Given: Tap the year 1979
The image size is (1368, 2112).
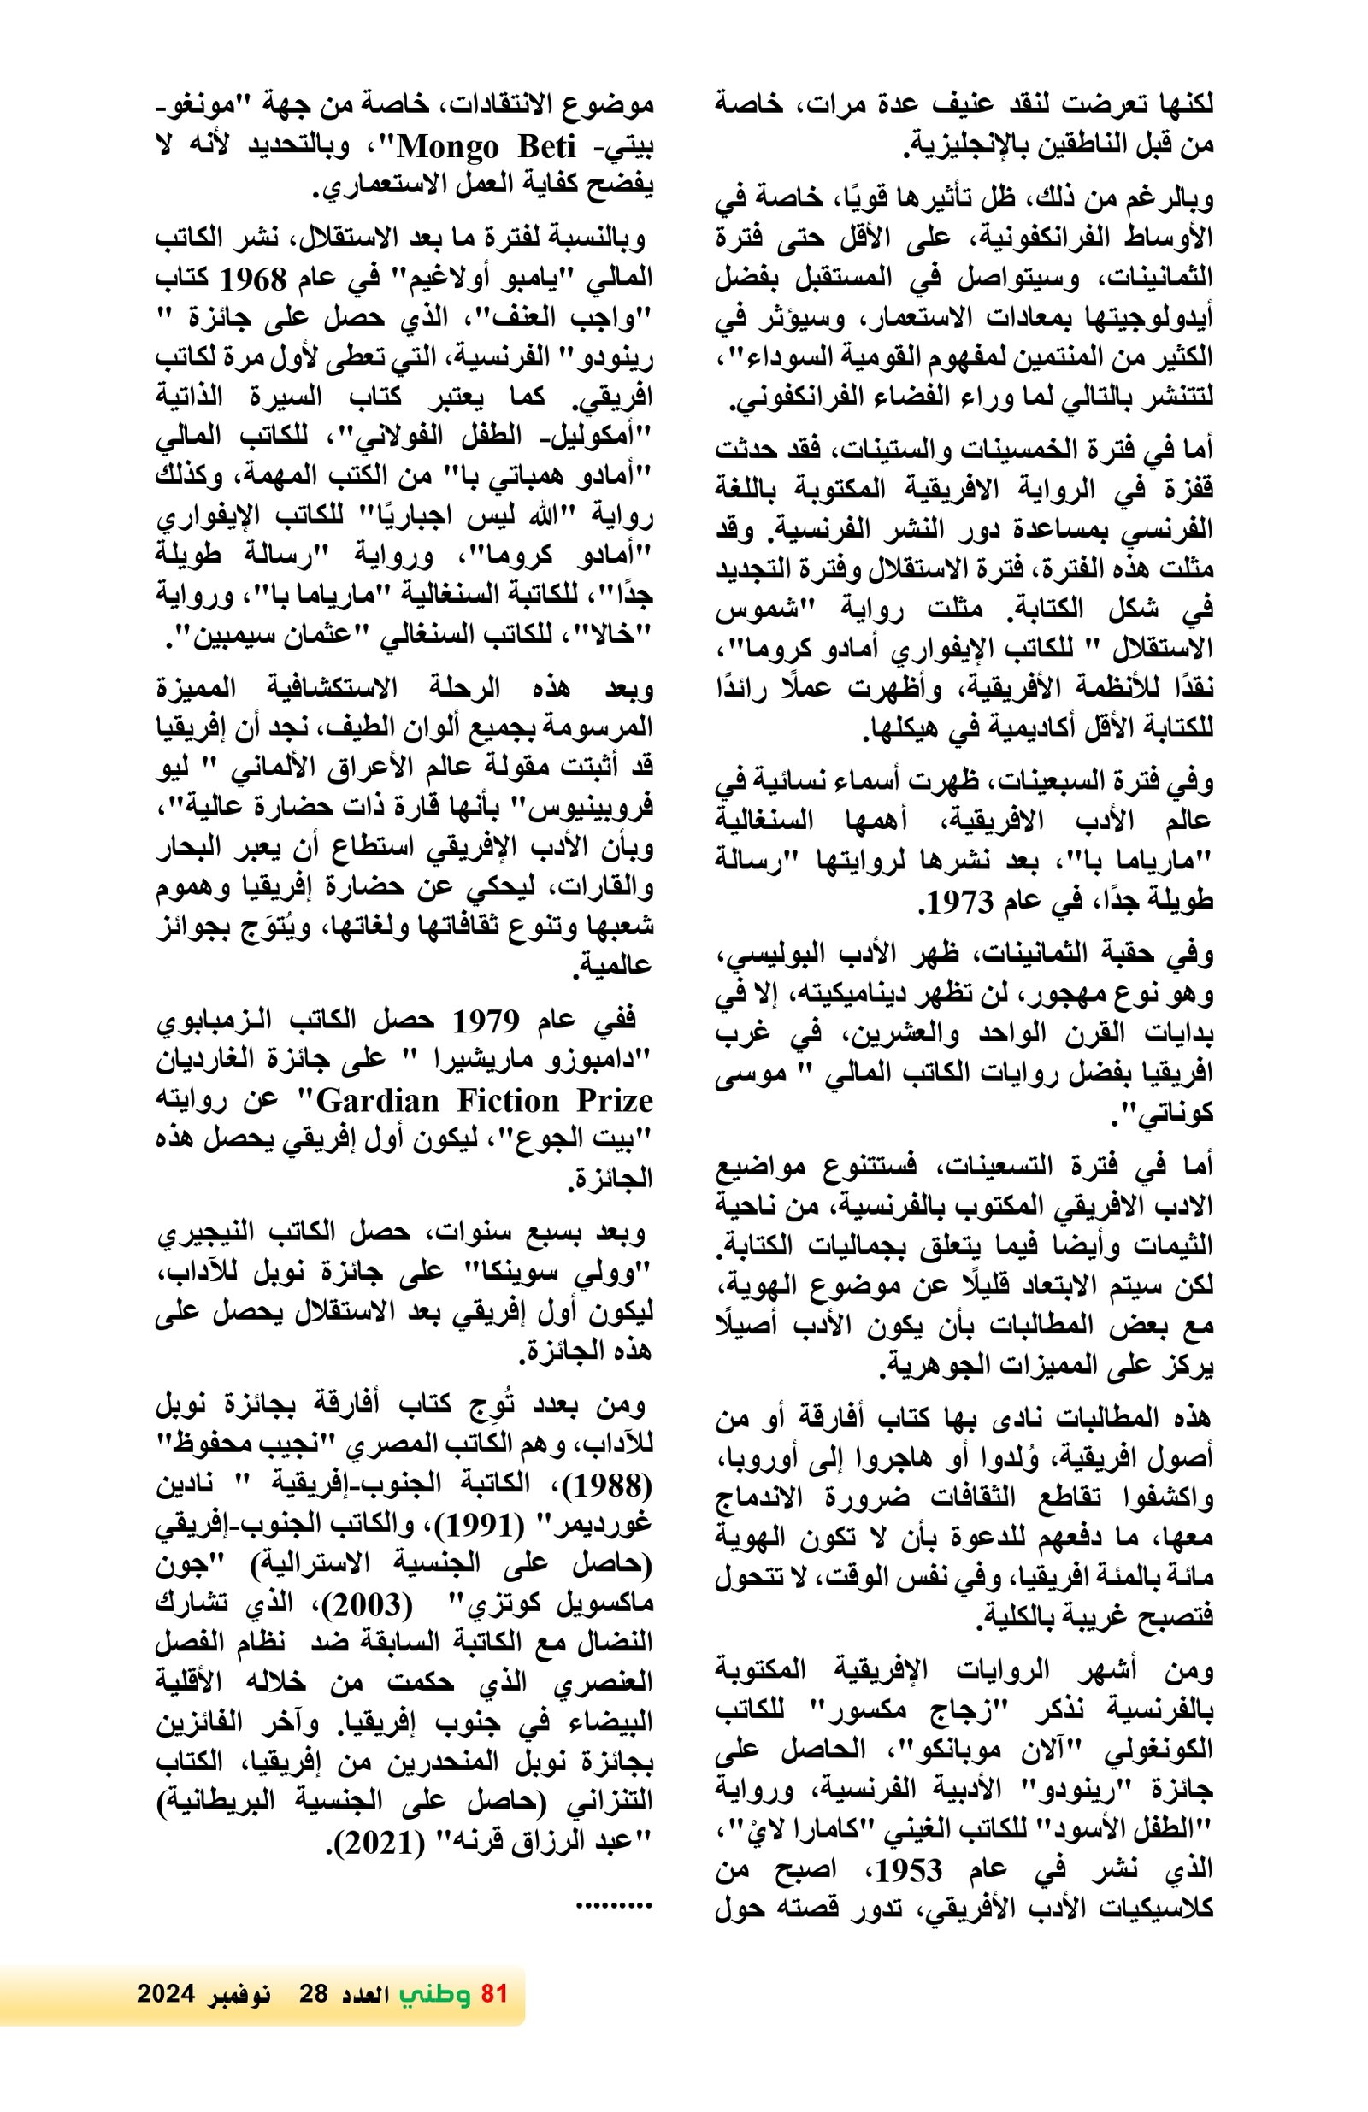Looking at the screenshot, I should (x=486, y=1021).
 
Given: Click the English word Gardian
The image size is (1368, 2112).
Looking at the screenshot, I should (x=379, y=1100).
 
